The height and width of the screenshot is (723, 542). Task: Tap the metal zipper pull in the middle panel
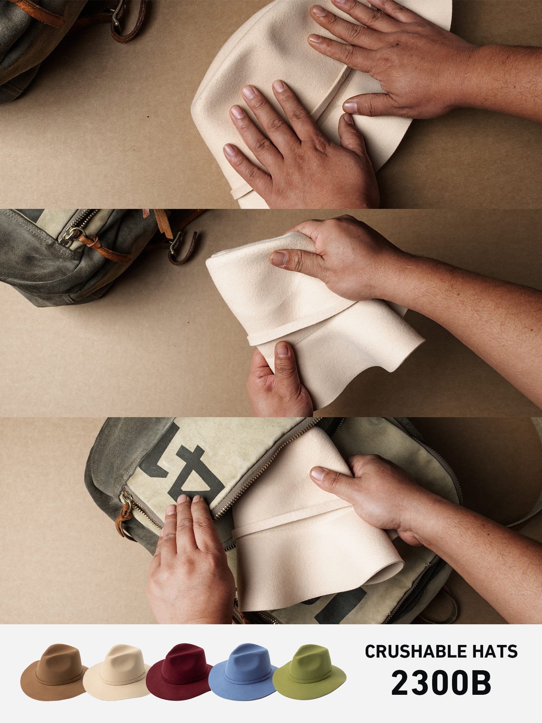tap(70, 234)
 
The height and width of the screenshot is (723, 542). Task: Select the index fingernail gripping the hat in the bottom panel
tap(318, 474)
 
